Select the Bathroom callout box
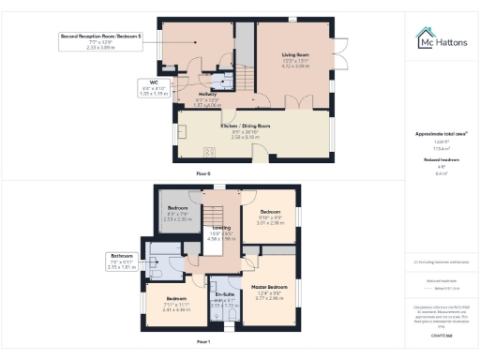(123, 261)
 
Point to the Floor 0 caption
(202, 174)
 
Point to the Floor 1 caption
(202, 341)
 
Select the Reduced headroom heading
(439, 159)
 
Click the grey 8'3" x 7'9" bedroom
(178, 217)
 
